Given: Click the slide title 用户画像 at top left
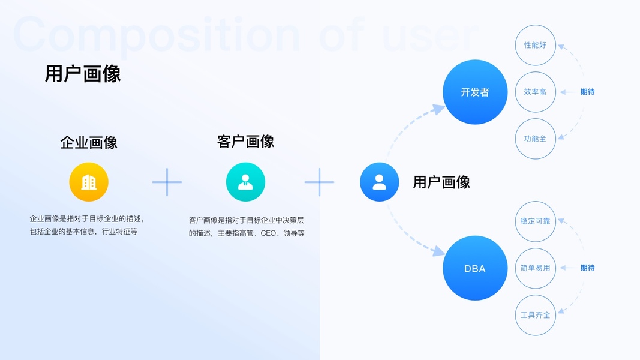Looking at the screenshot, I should point(83,74).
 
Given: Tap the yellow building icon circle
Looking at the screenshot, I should point(89,182).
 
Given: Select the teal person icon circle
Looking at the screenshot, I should point(245,182).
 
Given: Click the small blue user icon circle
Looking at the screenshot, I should point(379,182).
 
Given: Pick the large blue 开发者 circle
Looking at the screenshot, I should point(475,92).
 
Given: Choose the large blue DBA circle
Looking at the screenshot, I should point(475,268).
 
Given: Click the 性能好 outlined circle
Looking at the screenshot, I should point(535,45).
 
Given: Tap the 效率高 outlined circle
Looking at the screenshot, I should point(535,92).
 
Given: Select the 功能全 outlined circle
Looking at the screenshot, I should point(535,139).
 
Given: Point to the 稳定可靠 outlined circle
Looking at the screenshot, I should point(535,221).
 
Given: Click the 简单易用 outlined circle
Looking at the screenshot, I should point(535,268).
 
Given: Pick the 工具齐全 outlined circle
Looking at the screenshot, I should point(535,315).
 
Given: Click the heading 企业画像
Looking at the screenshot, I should point(89,142).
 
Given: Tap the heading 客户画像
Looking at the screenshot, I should point(245,141).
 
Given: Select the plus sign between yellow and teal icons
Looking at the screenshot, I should point(167,182).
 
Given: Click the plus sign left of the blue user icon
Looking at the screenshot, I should point(319,182).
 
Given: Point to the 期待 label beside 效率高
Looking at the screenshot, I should point(587,92).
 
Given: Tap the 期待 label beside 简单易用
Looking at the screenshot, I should point(587,268).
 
